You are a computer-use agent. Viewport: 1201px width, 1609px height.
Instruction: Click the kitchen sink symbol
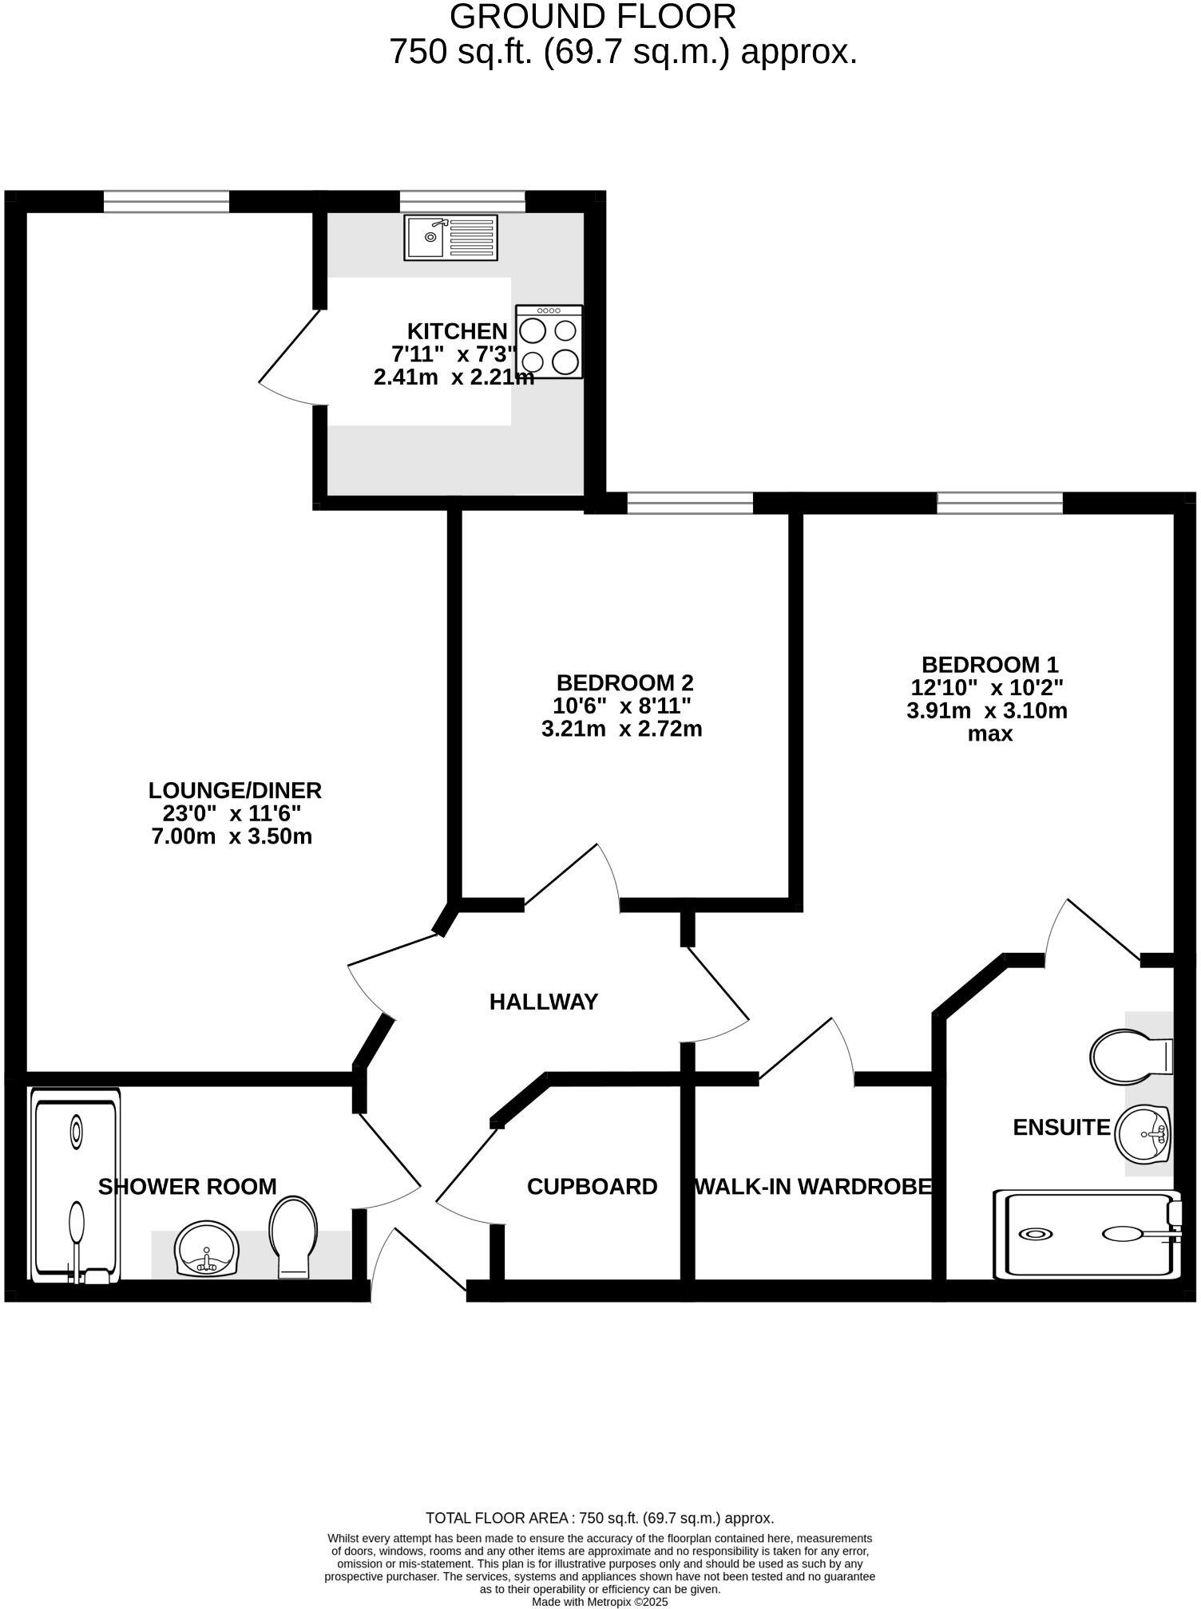pos(450,237)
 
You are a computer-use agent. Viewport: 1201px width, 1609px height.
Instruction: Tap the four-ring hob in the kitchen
pos(549,342)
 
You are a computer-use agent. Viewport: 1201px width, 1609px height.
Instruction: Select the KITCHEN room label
pos(457,331)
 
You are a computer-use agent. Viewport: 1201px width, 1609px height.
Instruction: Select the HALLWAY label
pos(543,1002)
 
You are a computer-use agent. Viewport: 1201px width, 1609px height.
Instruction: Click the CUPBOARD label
pos(592,1187)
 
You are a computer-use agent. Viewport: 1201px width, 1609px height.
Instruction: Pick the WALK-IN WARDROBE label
pos(813,1187)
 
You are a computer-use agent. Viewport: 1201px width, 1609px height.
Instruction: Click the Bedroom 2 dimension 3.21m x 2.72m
pos(621,729)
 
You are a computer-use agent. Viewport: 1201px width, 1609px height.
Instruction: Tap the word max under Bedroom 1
pos(989,733)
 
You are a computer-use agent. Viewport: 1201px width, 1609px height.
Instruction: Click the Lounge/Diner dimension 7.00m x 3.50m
pos(232,836)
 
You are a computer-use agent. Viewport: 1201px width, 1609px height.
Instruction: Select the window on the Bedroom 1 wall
pos(999,503)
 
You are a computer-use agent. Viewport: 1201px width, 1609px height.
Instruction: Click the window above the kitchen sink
pos(462,201)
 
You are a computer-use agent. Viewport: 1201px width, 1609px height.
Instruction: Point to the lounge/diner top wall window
pos(166,201)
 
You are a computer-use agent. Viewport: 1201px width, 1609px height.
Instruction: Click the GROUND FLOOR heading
pos(593,17)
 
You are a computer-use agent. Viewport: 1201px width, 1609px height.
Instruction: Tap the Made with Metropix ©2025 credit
pos(600,1601)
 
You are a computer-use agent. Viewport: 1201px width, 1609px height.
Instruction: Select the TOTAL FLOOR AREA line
pos(600,1518)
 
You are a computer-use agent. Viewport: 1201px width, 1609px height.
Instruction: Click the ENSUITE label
pos(1061,1127)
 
